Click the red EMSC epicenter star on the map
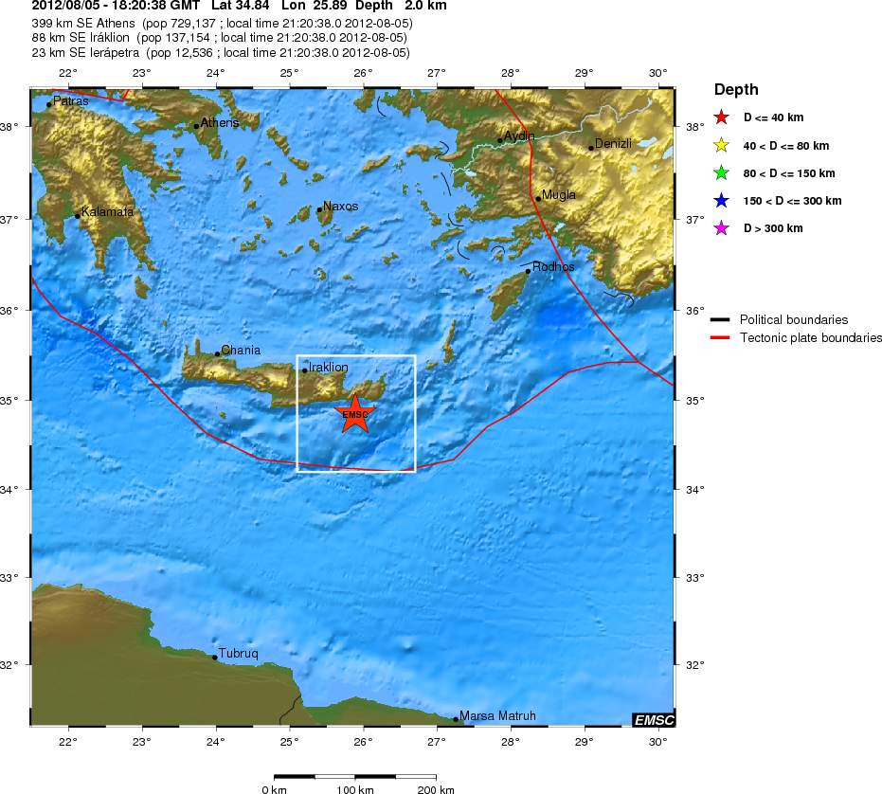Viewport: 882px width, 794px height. point(355,414)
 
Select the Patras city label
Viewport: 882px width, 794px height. point(71,100)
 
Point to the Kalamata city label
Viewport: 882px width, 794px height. point(107,212)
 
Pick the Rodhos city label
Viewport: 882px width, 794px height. point(553,267)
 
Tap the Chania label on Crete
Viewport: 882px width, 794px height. point(241,351)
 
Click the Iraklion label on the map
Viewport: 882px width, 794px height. point(329,367)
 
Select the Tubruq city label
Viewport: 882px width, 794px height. point(238,654)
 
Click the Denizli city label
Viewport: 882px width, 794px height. point(612,144)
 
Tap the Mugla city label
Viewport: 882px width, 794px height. point(558,195)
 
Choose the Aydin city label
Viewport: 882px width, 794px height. point(519,136)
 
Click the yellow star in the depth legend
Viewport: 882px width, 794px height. point(721,146)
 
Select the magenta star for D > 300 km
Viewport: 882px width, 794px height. point(721,228)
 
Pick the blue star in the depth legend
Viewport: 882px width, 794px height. point(721,201)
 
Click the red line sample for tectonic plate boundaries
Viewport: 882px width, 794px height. point(724,337)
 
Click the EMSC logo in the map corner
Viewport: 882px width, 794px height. point(653,720)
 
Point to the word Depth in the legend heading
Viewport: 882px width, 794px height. point(736,90)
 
